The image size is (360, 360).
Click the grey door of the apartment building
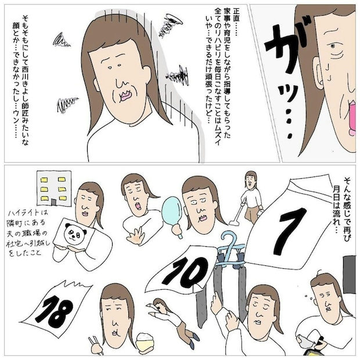click(53, 202)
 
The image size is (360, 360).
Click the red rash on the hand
click(136, 239)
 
